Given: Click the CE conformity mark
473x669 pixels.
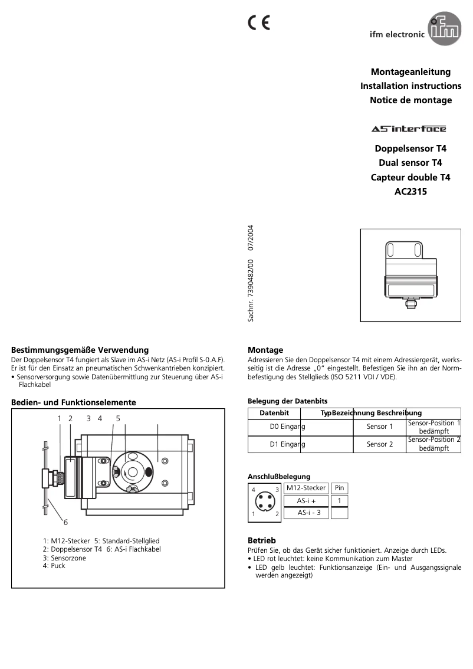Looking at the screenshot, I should click(x=258, y=23).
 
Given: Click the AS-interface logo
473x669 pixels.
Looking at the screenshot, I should click(x=408, y=129).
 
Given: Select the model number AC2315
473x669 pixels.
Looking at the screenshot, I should click(x=410, y=192).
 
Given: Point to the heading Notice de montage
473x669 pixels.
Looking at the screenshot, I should click(x=410, y=100).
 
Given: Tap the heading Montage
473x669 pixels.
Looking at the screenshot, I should click(x=265, y=350).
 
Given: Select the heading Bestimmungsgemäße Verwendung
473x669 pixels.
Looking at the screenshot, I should click(x=80, y=350).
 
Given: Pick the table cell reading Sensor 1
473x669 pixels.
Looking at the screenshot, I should click(x=379, y=427).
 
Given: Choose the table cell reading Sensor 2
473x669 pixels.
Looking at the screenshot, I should click(x=379, y=444).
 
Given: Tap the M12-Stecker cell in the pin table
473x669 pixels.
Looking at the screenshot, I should click(x=306, y=488).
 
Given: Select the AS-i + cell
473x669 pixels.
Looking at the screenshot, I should click(x=306, y=500).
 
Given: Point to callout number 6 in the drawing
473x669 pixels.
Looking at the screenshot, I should click(x=65, y=522).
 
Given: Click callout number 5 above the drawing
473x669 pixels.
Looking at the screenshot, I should click(x=118, y=418).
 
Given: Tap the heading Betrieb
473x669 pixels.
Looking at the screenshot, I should click(x=261, y=540).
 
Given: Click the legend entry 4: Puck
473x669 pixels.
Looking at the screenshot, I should click(x=54, y=566).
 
